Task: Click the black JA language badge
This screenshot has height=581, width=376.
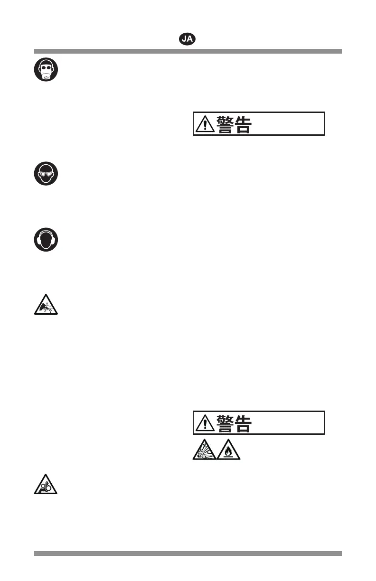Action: (x=188, y=39)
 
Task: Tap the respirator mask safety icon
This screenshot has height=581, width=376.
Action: (x=46, y=70)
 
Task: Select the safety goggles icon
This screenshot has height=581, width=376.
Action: (x=46, y=174)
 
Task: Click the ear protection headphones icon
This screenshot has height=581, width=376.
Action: (x=46, y=240)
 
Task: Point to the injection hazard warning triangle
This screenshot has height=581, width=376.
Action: (x=46, y=305)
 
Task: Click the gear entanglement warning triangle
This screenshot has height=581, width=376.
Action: (x=46, y=484)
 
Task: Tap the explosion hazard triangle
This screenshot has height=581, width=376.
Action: (x=204, y=450)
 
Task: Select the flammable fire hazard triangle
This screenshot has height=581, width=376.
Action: (x=229, y=450)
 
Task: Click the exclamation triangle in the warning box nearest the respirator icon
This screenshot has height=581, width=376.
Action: (x=205, y=124)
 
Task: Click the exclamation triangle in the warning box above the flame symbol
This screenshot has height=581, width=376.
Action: (x=205, y=423)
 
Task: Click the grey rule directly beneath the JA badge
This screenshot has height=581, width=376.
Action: (x=188, y=51)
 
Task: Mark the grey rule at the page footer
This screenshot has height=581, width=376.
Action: (x=188, y=553)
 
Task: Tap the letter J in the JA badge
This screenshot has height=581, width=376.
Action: (x=184, y=39)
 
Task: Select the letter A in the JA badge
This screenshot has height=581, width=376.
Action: (x=190, y=39)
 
